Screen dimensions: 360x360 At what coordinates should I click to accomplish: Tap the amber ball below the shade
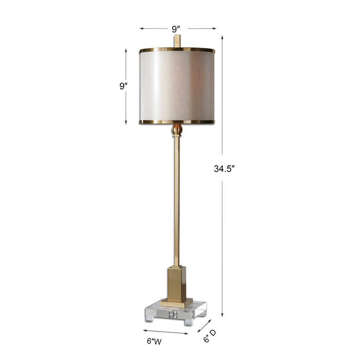177,130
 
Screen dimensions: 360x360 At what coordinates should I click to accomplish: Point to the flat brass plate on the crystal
177,300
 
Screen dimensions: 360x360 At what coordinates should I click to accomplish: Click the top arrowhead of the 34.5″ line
222,37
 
